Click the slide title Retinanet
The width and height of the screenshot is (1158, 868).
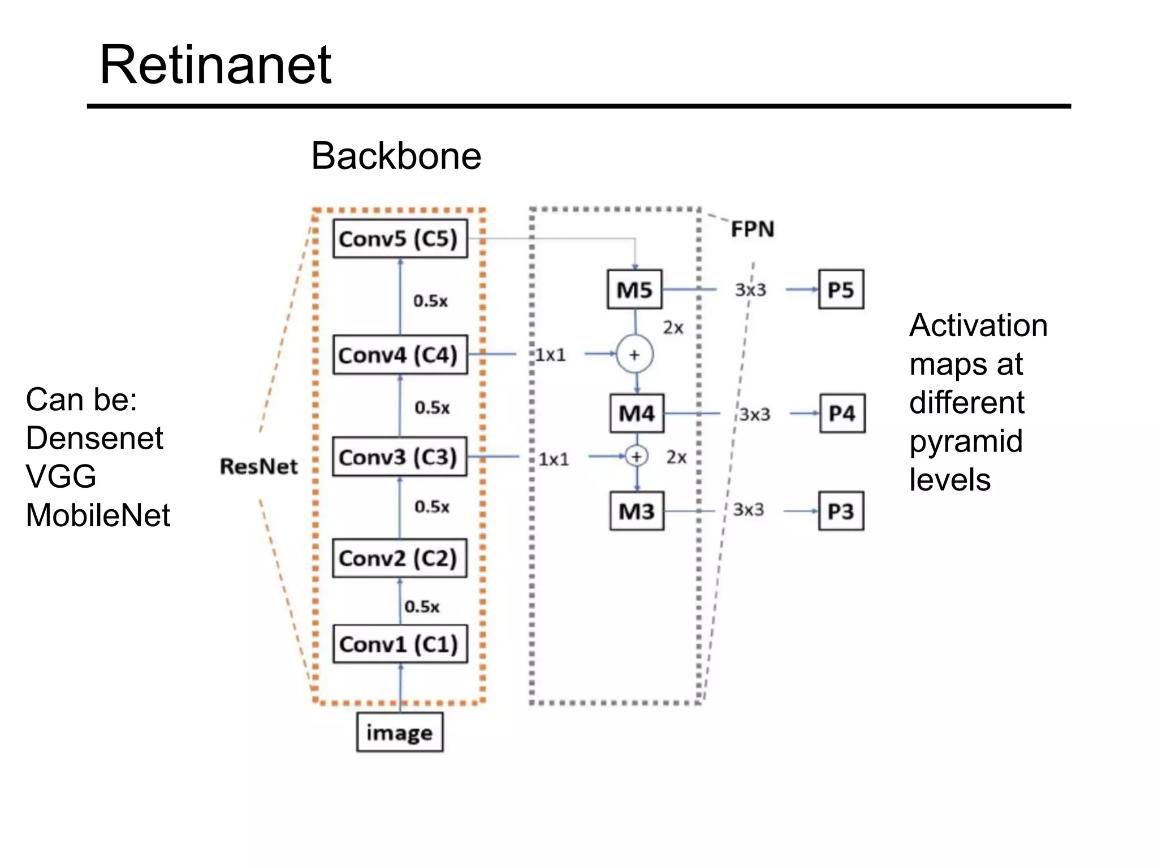[215, 66]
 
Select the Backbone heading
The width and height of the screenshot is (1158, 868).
[396, 156]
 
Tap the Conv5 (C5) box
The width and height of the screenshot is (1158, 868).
[400, 239]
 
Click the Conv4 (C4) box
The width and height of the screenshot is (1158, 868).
[400, 355]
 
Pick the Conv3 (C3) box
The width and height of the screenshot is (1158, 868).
[399, 457]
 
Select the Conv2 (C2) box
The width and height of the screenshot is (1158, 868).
[399, 558]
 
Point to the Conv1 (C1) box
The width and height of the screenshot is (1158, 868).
[400, 644]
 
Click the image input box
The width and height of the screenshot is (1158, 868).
[399, 732]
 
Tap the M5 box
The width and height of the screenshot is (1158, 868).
[634, 290]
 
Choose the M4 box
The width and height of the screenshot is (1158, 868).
[637, 414]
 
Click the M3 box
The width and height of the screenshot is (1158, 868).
[637, 511]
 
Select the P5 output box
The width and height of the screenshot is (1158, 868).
[841, 290]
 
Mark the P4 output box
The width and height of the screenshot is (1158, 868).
[842, 414]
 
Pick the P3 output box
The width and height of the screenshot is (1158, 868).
[841, 511]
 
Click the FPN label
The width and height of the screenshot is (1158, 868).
[752, 229]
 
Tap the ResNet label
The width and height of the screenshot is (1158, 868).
[259, 467]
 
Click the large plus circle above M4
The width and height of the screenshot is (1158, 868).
[634, 354]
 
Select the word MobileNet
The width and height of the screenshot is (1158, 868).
[98, 515]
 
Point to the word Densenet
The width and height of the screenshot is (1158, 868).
[94, 439]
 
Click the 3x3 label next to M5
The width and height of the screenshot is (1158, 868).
[750, 290]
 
